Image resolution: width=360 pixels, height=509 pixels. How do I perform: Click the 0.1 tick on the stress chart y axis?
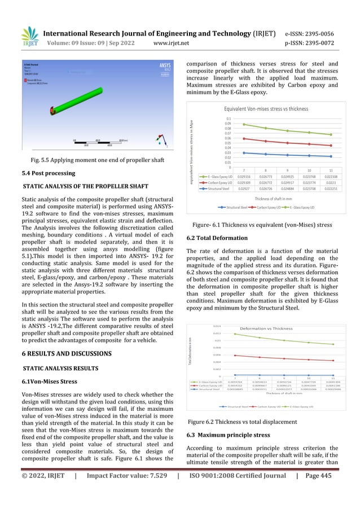[x=227, y=119]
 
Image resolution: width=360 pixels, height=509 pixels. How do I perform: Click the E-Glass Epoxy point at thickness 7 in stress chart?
[x=243, y=124]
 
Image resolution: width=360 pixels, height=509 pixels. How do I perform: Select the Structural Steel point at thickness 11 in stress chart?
[x=331, y=156]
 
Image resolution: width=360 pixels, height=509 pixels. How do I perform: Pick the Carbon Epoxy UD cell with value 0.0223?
[x=331, y=183]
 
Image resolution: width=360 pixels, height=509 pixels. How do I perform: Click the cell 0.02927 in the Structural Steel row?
[x=243, y=189]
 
